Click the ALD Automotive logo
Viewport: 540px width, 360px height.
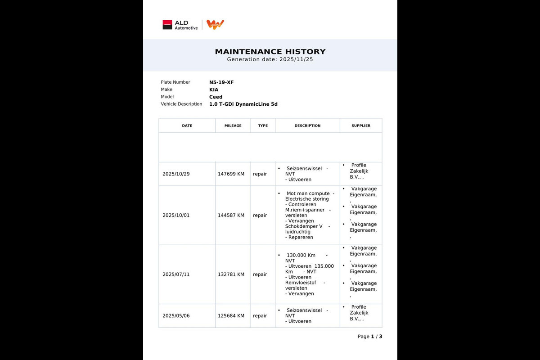tap(180, 25)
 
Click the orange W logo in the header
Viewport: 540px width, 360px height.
tap(215, 25)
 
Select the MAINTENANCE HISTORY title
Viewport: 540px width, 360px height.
tap(270, 52)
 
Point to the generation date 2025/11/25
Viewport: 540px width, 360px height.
tap(296, 59)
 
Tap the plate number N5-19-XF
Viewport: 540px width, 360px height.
tap(221, 82)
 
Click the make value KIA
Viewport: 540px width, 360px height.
tap(214, 90)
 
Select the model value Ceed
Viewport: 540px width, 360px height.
tap(216, 97)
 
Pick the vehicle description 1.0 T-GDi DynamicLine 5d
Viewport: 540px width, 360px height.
tap(243, 104)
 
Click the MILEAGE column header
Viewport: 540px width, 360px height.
tap(233, 126)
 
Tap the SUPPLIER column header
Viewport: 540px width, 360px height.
tap(360, 126)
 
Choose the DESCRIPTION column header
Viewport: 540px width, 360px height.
tap(307, 126)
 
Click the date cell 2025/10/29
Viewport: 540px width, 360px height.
tap(176, 174)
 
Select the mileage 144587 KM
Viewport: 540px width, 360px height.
tap(231, 216)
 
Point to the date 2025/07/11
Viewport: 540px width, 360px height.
tap(176, 274)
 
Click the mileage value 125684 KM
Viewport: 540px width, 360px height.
tap(231, 316)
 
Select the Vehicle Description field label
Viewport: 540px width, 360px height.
tap(181, 104)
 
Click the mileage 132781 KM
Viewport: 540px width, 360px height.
tap(231, 274)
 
